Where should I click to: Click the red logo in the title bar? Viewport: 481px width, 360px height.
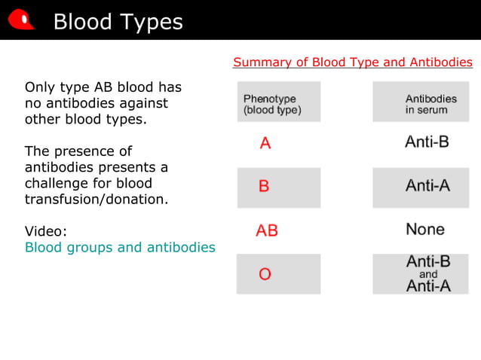pos(21,20)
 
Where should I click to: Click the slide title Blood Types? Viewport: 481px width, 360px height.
pos(118,22)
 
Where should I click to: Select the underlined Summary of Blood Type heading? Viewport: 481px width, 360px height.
pos(353,63)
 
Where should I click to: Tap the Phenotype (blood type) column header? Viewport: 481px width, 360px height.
pos(272,104)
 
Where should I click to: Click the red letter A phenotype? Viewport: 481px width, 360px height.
pos(265,143)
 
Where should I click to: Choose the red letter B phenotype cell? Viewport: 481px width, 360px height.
pos(264,186)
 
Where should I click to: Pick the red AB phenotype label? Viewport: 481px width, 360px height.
pos(267,230)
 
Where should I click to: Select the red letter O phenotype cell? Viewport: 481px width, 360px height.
pos(265,274)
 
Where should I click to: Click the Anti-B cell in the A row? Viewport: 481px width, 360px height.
pos(427,142)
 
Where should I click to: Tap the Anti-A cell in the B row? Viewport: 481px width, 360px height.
pos(427,185)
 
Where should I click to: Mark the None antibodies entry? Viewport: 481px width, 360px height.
pos(425,229)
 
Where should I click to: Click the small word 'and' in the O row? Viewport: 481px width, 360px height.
pos(428,274)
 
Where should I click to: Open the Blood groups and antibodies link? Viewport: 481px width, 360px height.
pos(120,247)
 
